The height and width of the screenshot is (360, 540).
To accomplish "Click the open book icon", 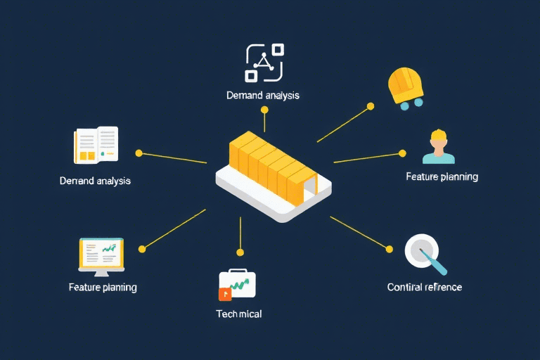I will pos(96,145).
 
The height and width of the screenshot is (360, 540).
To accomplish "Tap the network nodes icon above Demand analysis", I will pos(264,62).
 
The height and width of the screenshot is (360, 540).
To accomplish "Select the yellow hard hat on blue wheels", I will pos(407,87).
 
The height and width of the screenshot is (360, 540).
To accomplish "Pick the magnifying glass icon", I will pos(424,253).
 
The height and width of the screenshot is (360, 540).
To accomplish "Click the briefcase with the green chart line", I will pos(238,284).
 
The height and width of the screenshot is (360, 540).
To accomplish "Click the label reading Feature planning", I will pos(442,176).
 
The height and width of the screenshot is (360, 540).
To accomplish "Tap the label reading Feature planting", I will pos(103,287).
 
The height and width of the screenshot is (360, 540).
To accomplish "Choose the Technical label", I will pos(238,314).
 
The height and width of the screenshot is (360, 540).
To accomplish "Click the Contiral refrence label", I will pos(425,287).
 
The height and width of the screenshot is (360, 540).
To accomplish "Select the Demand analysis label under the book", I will pos(96,181).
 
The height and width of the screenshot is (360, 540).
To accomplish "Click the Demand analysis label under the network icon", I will pos(263,95).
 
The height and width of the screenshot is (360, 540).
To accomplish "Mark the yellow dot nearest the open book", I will pos(139,153).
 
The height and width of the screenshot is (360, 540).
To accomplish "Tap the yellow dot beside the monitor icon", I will pos(142,248).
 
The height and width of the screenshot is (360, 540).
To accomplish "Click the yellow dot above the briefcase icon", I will pos(240,252).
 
